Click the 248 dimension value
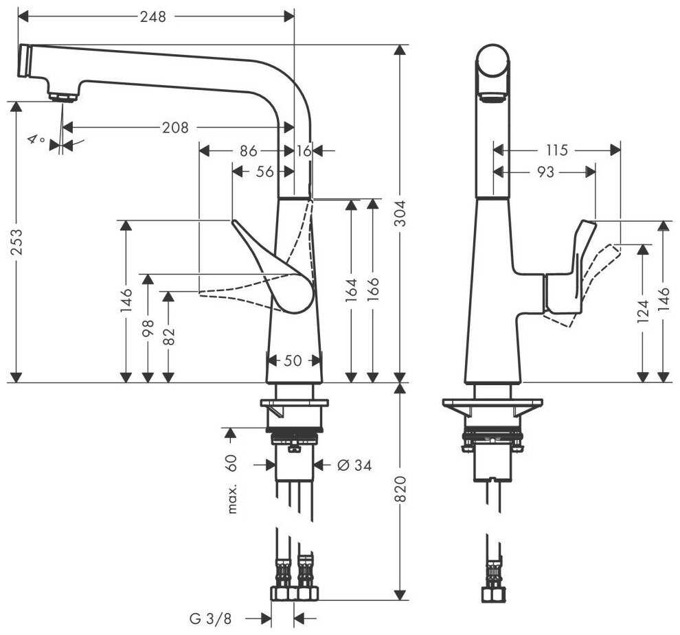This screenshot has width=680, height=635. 152,17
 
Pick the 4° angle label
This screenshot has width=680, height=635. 36,140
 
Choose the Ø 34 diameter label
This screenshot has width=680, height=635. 354,465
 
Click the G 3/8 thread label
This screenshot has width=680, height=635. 211,619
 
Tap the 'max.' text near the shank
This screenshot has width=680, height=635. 232,499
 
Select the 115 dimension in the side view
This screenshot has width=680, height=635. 557,150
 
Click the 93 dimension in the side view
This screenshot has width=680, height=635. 545,172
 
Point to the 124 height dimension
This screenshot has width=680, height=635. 643,312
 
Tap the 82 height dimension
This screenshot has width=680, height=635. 169,336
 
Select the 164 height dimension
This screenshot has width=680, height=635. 352,290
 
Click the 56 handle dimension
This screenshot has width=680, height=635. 265,172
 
